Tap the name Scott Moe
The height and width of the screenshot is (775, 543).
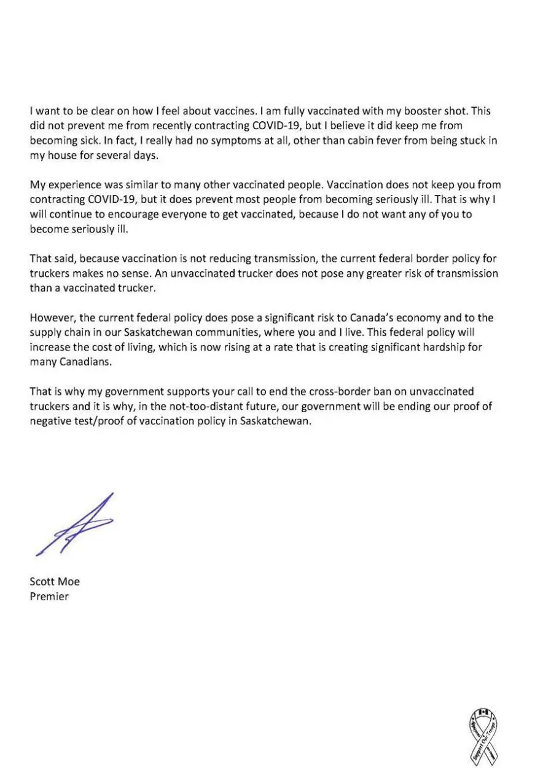55,581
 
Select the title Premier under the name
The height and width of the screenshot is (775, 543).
49,596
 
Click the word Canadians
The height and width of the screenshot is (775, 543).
82,362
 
